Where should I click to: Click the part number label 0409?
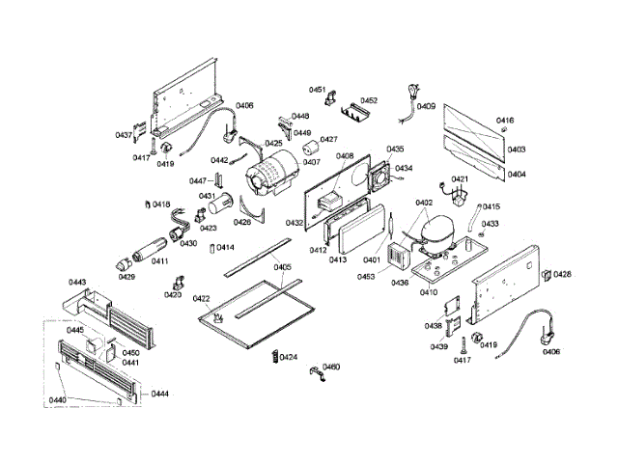(x=426, y=107)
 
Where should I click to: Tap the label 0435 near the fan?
(x=395, y=150)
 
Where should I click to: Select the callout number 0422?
(x=202, y=298)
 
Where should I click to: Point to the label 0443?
(x=77, y=283)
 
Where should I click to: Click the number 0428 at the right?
(x=562, y=274)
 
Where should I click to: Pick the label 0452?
(x=369, y=100)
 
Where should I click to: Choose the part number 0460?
(x=331, y=368)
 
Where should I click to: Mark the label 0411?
(x=159, y=261)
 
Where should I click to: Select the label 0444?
(x=160, y=395)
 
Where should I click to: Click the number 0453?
(x=365, y=277)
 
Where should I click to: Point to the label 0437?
(x=124, y=135)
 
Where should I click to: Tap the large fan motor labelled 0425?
(x=271, y=174)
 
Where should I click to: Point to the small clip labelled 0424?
(x=274, y=358)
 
